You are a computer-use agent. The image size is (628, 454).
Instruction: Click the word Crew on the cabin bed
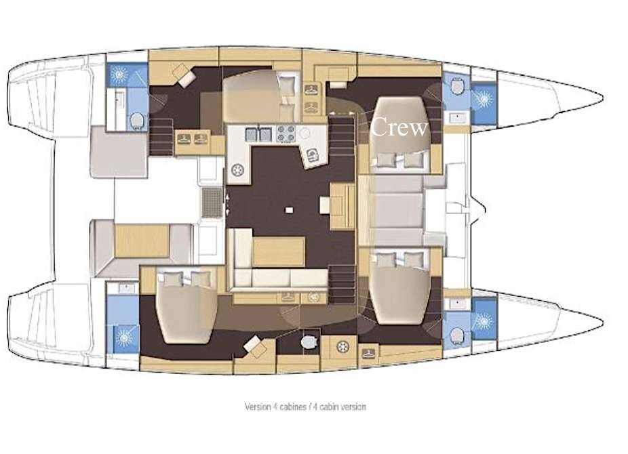[x=399, y=127]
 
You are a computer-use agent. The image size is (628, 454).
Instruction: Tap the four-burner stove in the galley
[x=286, y=133]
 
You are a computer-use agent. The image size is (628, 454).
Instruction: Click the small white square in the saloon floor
[x=289, y=209]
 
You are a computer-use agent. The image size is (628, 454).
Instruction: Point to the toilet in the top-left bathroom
[x=137, y=121]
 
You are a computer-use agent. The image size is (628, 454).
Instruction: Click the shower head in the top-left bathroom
[x=119, y=75]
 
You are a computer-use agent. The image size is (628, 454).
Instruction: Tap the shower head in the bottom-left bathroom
[x=123, y=338]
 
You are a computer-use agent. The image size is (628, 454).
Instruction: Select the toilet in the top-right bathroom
[x=457, y=86]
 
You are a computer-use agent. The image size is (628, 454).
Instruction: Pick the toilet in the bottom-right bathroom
[x=457, y=335]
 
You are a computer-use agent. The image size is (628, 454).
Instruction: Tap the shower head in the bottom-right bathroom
[x=484, y=321]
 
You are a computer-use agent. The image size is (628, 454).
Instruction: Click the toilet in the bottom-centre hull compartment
[x=309, y=342]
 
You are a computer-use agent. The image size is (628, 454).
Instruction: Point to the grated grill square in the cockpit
[x=212, y=202]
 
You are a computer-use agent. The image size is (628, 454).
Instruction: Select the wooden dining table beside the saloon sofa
[x=279, y=251]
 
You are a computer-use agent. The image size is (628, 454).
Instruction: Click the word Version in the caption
[x=258, y=407]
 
